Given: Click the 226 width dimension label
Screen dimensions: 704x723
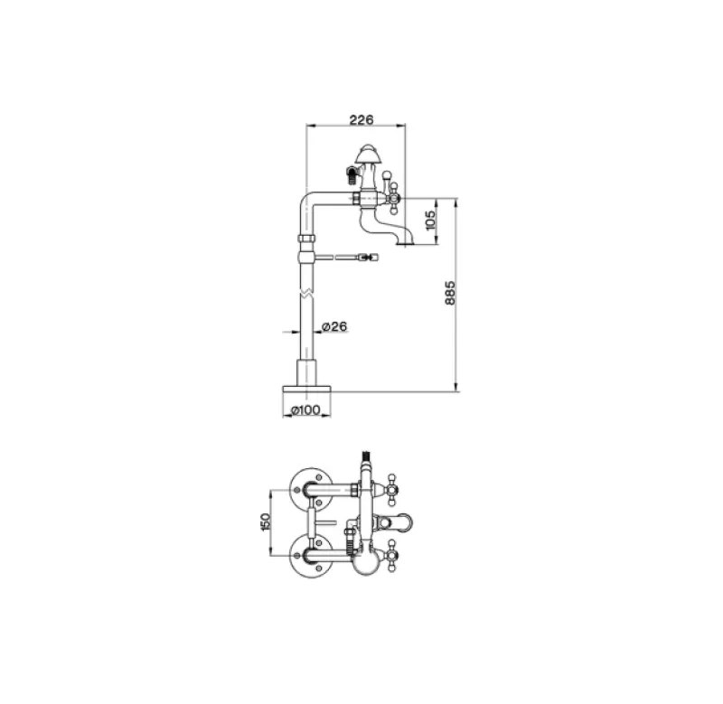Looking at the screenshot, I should click(361, 118).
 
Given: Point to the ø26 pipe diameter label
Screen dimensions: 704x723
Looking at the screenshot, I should click(334, 326).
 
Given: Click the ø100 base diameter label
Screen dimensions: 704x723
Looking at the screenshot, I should click(306, 411).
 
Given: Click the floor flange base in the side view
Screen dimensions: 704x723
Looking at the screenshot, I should click(306, 387).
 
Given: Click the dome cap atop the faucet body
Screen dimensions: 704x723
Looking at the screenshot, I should click(371, 152).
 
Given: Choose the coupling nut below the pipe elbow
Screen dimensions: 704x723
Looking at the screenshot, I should click(306, 243).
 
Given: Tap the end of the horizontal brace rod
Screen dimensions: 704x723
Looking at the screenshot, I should click(368, 258).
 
